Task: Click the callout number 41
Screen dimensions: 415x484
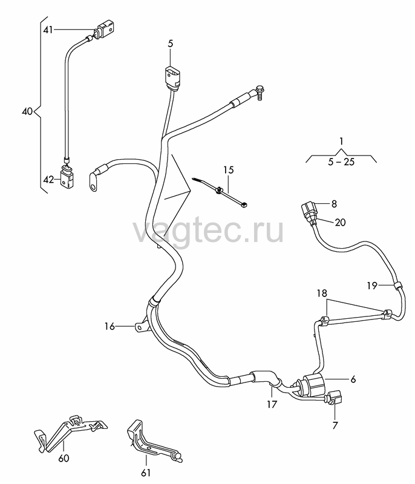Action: pyautogui.click(x=48, y=30)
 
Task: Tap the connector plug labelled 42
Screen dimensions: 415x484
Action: pyautogui.click(x=67, y=178)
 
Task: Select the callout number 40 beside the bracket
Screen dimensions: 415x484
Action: pyautogui.click(x=27, y=111)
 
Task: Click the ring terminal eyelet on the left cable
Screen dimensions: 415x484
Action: pyautogui.click(x=93, y=182)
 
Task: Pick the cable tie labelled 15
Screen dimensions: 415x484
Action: pyautogui.click(x=220, y=192)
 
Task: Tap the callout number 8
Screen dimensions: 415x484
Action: pyautogui.click(x=334, y=204)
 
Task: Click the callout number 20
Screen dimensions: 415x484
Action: pyautogui.click(x=341, y=222)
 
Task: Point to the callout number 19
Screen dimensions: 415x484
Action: pyautogui.click(x=372, y=286)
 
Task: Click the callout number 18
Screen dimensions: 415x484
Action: pyautogui.click(x=322, y=293)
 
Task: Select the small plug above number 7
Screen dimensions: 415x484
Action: pyautogui.click(x=334, y=398)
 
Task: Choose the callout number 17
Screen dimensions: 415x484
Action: pyautogui.click(x=272, y=404)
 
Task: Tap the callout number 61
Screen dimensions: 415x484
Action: pyautogui.click(x=146, y=473)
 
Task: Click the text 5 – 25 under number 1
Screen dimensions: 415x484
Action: pyautogui.click(x=341, y=162)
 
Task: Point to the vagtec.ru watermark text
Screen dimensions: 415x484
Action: pyautogui.click(x=208, y=230)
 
